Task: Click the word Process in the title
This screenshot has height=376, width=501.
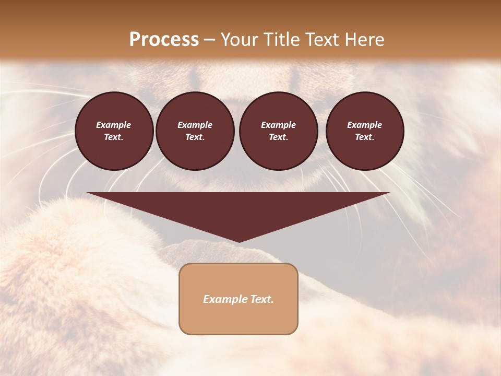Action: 164,40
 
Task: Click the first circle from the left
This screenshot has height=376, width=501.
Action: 114,131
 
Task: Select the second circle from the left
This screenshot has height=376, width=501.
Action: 195,131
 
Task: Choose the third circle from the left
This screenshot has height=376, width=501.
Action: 278,131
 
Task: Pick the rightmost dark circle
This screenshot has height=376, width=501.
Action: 364,131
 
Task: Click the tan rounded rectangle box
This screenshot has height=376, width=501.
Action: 238,299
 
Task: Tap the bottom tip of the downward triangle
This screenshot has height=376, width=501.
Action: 238,241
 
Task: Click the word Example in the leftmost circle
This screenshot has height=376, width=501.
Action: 114,125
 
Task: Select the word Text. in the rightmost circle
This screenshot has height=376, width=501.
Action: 364,137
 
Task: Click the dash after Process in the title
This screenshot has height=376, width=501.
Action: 209,40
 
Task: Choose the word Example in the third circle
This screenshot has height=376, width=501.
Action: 278,125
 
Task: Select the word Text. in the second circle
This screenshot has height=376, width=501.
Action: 195,137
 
